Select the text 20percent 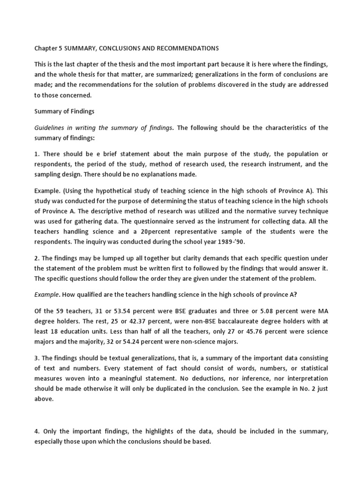pos(161,232)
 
